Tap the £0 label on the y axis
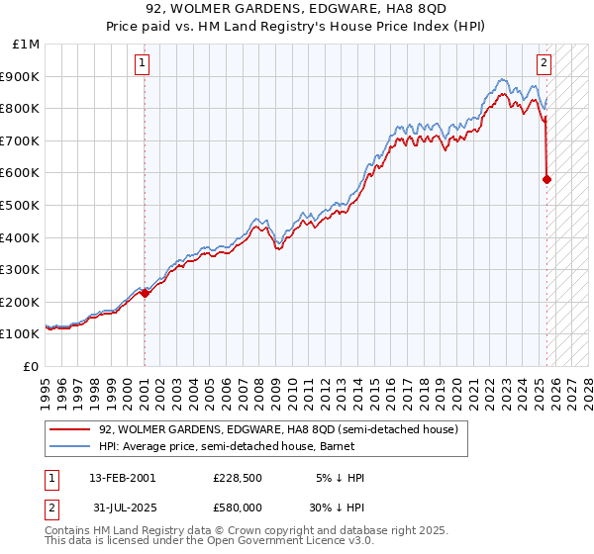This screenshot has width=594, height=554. click(32, 366)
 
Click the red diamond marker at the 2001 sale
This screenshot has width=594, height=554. click(145, 292)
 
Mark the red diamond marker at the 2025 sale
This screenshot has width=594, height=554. click(547, 179)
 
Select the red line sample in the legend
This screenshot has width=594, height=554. click(69, 430)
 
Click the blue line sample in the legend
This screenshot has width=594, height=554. click(69, 446)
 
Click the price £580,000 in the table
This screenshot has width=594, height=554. click(244, 509)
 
